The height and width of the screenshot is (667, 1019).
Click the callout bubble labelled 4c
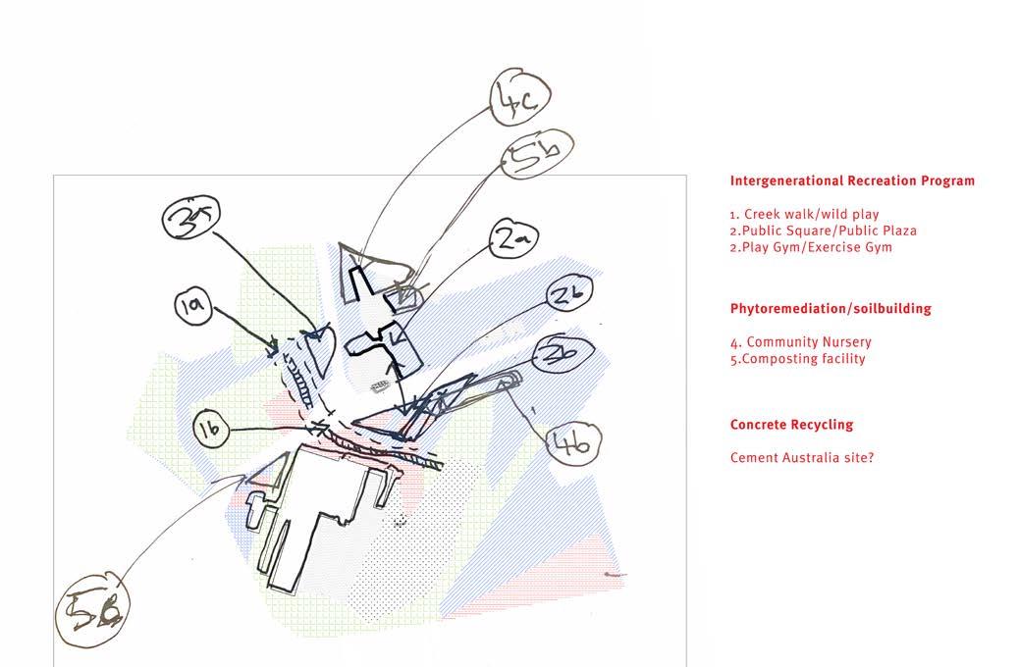(x=520, y=96)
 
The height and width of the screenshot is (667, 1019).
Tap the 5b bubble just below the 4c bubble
(x=537, y=154)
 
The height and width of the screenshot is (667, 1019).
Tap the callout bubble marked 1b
(x=211, y=430)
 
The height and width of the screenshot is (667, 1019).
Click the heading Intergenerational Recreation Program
(x=852, y=181)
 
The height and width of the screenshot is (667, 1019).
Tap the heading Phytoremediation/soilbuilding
(x=831, y=309)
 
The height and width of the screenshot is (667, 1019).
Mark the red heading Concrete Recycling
(x=791, y=425)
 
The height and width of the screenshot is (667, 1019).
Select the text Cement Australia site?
(x=802, y=457)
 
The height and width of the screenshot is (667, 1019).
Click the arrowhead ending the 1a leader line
(x=274, y=345)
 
